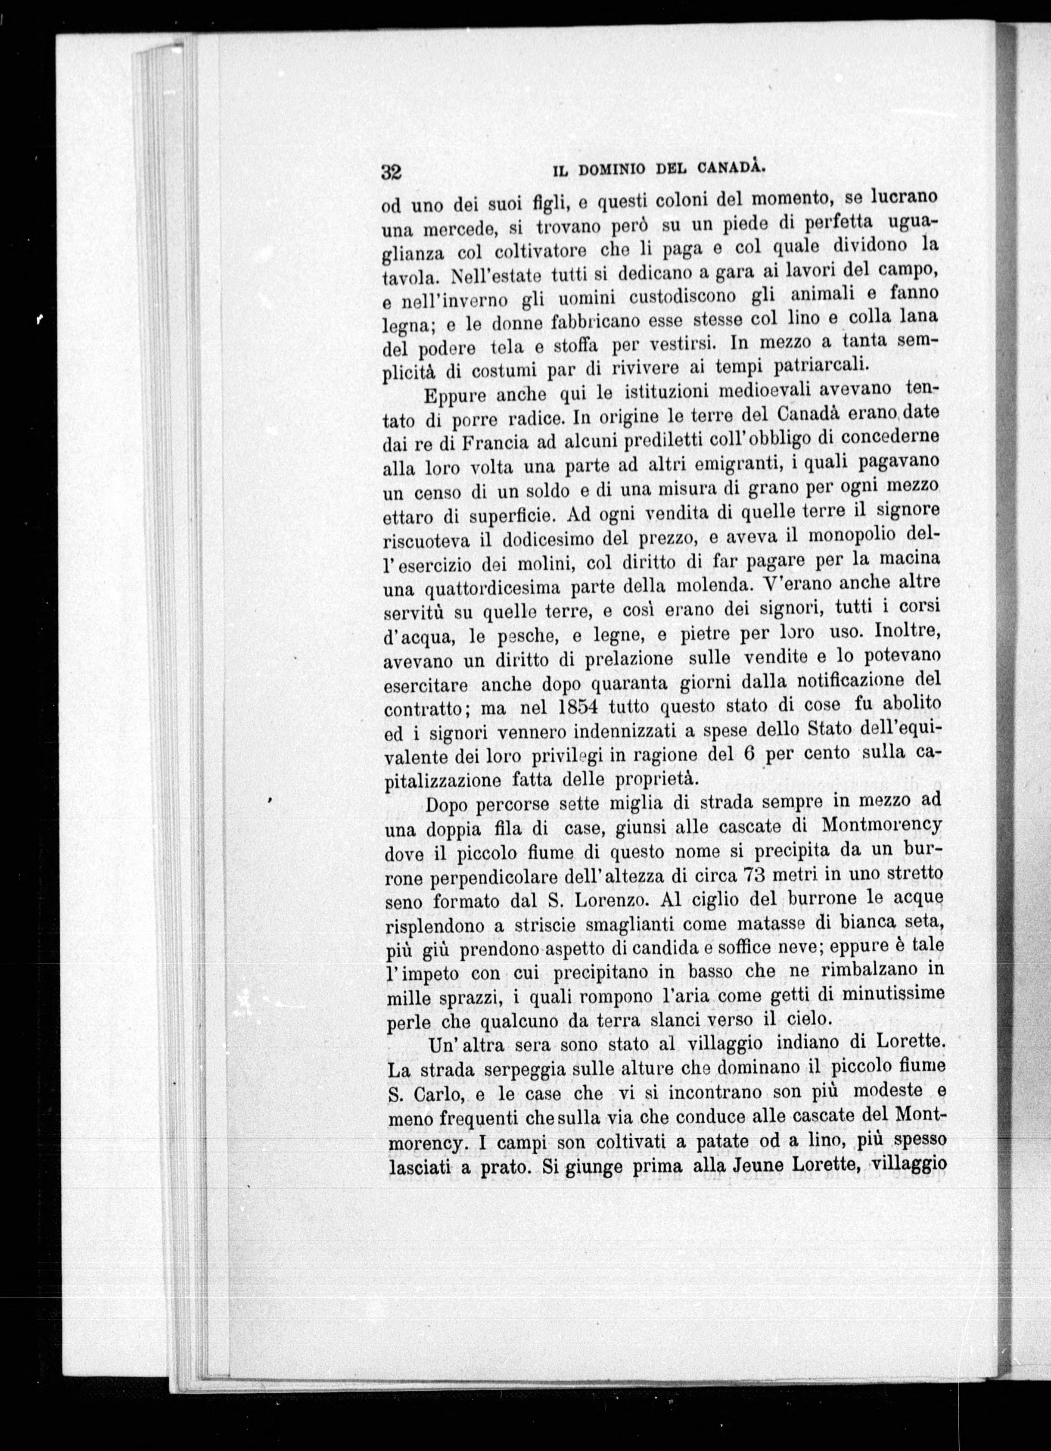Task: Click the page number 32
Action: (x=391, y=172)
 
